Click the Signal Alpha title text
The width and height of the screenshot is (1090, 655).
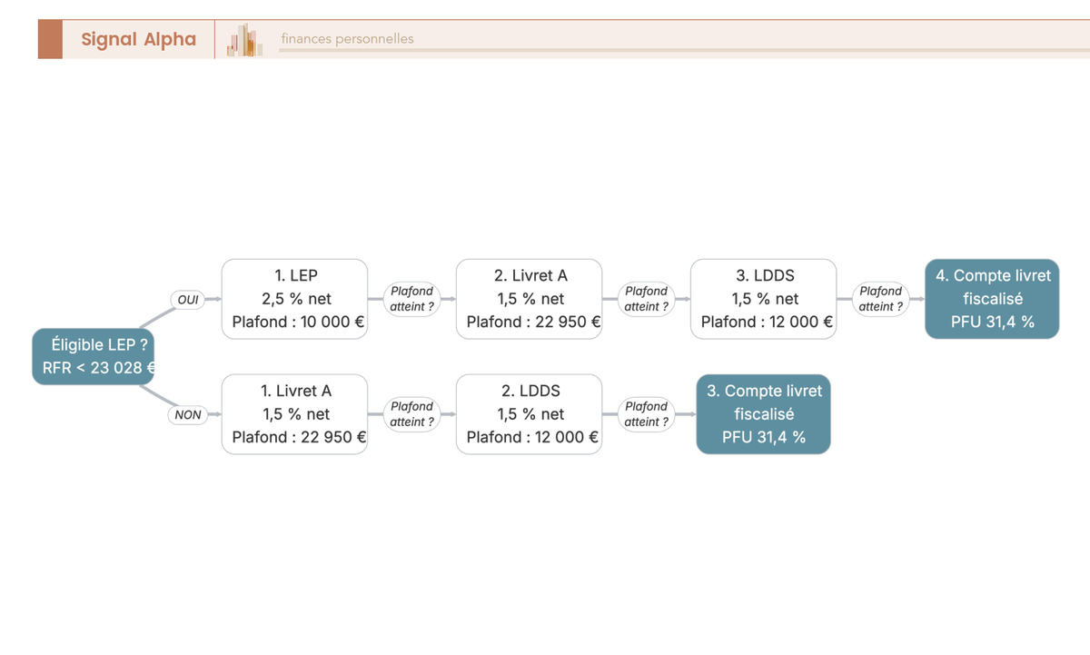tap(139, 39)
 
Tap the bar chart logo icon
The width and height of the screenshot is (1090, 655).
tap(244, 39)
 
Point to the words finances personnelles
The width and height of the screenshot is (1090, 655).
tap(347, 38)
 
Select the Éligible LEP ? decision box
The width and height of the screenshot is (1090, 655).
tap(94, 356)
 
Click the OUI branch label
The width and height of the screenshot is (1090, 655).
tap(188, 299)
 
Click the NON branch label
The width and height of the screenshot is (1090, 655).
tap(188, 414)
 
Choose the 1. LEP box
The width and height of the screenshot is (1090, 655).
tap(295, 299)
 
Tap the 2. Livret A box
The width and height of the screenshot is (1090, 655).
tap(530, 299)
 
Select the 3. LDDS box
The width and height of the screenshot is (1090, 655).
tap(764, 299)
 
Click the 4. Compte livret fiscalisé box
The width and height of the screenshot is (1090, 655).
tap(992, 299)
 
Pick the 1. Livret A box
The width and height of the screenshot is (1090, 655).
tap(295, 414)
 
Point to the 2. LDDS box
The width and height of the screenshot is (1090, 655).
tap(530, 414)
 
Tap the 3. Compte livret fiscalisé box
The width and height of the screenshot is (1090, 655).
tap(764, 414)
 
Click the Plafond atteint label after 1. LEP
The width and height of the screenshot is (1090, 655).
tap(411, 299)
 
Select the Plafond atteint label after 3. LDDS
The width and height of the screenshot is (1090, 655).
tap(881, 299)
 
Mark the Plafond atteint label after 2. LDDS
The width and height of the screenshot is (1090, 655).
tap(646, 414)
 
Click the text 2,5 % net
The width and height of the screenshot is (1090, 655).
tap(296, 299)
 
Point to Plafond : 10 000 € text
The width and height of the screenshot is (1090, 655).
tap(298, 322)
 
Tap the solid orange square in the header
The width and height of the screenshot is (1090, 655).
tap(51, 39)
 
